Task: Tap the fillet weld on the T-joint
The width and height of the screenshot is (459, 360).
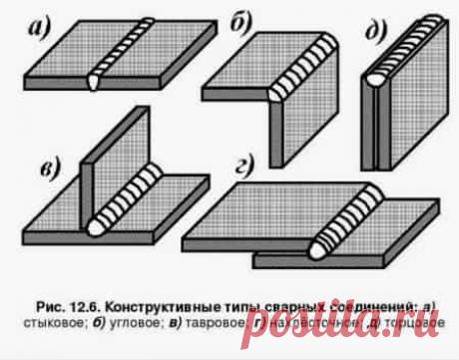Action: click(132, 196)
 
